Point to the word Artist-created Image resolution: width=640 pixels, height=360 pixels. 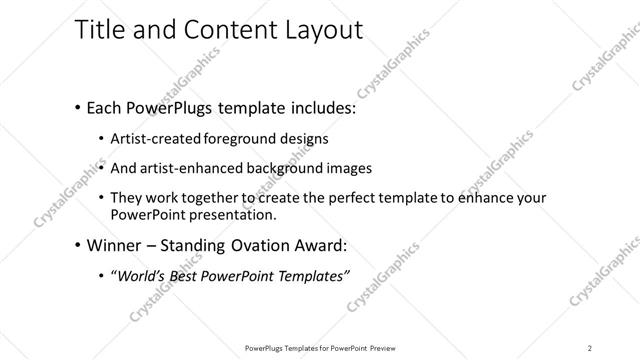pos(161,138)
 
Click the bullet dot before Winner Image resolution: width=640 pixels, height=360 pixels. pos(78,245)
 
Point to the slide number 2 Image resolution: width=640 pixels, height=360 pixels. pos(589,347)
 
